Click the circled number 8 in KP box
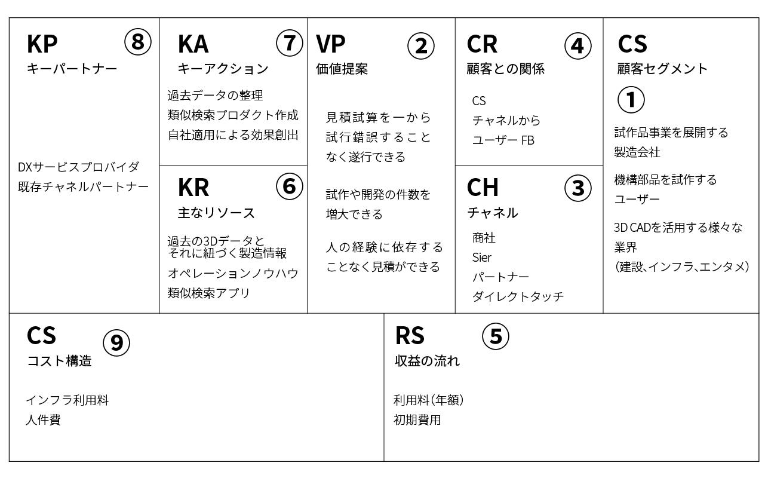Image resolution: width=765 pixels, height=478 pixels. coord(137,42)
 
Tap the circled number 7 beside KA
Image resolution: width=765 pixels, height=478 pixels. coord(289,43)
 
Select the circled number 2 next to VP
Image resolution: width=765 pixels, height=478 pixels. coord(421,46)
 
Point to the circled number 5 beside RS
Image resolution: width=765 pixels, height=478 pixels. coord(496,336)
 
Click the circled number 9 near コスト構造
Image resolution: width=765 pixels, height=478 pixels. coord(116,343)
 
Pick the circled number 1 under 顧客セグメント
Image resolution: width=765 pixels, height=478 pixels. coord(631,100)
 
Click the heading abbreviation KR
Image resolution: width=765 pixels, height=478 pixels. coord(193,187)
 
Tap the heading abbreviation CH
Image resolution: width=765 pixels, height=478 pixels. coord(482,187)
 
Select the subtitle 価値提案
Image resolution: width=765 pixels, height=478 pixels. coord(342,69)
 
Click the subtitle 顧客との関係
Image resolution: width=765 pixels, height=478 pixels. coord(505,69)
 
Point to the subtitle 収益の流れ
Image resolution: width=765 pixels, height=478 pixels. coord(427,361)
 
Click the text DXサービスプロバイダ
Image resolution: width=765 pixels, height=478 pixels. coord(79,167)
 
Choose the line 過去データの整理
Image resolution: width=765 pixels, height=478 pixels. coord(215,96)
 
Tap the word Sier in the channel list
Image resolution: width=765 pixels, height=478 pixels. coord(481,258)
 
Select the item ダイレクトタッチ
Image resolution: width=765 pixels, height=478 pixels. coord(518,296)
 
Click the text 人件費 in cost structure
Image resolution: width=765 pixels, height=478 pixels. coord(44,420)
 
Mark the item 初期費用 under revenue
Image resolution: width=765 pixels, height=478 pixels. coord(417,420)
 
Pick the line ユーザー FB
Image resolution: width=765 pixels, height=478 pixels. coord(503,140)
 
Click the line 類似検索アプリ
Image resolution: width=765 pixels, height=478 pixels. coord(208,293)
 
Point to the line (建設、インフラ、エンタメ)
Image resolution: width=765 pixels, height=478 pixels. coord(681,266)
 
